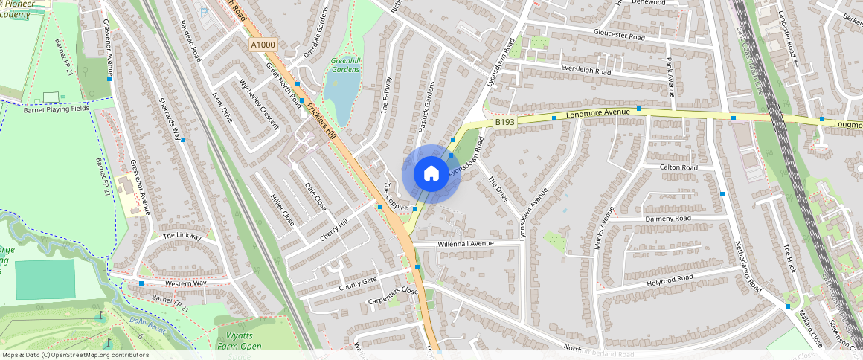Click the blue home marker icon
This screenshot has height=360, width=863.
click(x=431, y=174)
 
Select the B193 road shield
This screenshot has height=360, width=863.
click(x=504, y=121)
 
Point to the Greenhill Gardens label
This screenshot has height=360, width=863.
click(x=345, y=65)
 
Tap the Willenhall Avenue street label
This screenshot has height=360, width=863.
click(x=466, y=244)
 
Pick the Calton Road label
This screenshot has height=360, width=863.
click(x=678, y=168)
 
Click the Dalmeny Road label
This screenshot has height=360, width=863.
click(x=668, y=219)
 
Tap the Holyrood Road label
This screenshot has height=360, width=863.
click(x=670, y=278)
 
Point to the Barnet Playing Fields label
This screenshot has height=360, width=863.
click(x=57, y=109)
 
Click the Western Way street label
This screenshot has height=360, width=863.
click(x=185, y=283)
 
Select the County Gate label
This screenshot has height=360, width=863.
click(x=358, y=283)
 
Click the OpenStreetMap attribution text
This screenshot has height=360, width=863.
click(x=76, y=355)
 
